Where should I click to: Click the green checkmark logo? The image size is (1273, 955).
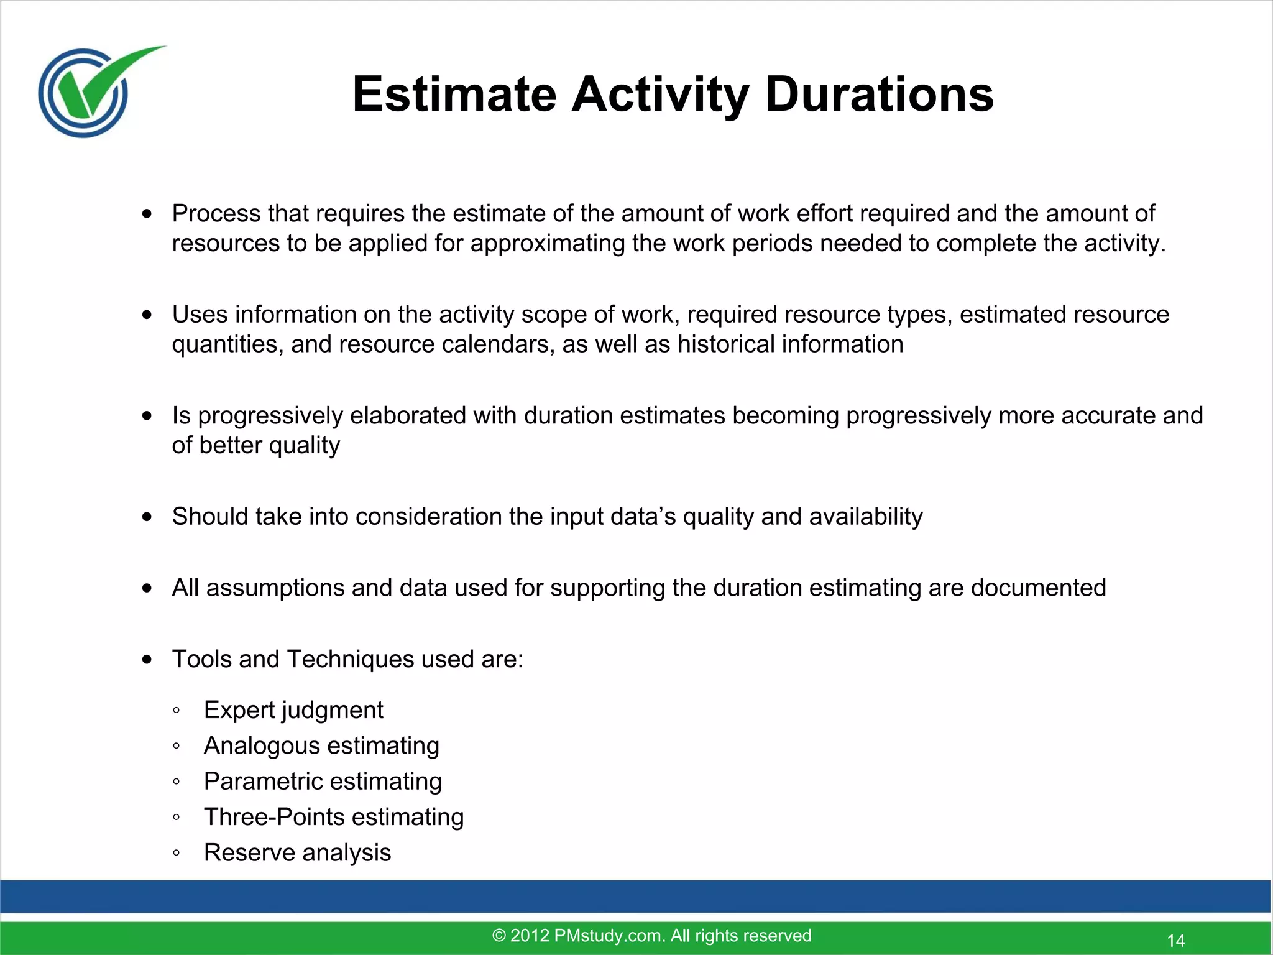tap(93, 90)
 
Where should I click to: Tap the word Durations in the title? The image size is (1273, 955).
tap(879, 95)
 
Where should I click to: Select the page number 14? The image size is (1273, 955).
tap(1175, 940)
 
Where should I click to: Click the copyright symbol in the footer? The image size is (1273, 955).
tap(499, 936)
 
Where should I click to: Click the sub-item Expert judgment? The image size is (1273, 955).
tap(293, 710)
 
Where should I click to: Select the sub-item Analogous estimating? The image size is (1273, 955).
tap(321, 745)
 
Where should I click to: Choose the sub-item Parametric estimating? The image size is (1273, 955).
tap(323, 782)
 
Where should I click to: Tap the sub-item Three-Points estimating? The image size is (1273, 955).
tap(334, 817)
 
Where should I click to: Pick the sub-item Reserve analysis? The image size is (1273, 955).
tap(297, 852)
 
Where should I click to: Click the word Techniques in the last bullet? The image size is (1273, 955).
tap(350, 659)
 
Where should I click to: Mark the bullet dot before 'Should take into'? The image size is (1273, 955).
tap(147, 517)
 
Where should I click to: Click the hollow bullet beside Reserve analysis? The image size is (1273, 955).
tap(177, 853)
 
